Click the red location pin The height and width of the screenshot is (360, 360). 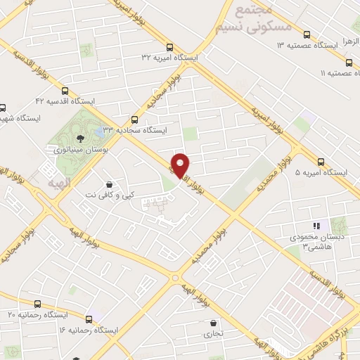pyautogui.click(x=181, y=165)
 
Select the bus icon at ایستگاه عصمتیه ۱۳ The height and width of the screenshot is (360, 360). pyautogui.click(x=306, y=34)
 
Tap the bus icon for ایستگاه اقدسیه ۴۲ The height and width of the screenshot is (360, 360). pyautogui.click(x=65, y=90)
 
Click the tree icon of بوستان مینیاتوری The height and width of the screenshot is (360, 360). pyautogui.click(x=78, y=138)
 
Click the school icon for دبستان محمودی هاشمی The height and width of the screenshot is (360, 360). pyautogui.click(x=316, y=226)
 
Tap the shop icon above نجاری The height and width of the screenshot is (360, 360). pyautogui.click(x=212, y=323)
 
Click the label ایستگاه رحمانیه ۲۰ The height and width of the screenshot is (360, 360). pyautogui.click(x=31, y=314)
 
